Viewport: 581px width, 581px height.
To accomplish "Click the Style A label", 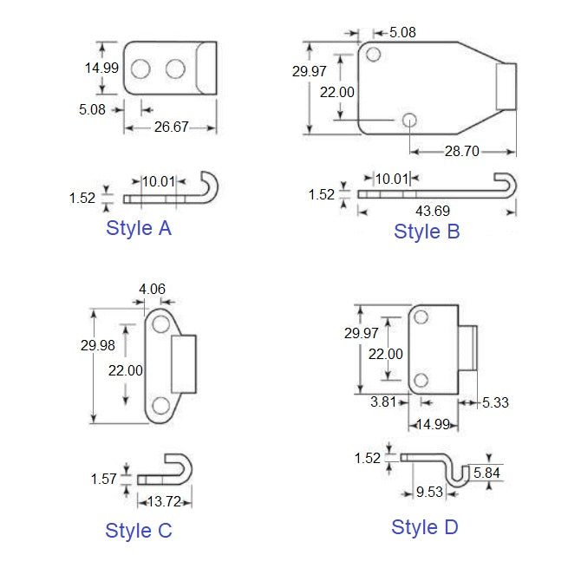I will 139,228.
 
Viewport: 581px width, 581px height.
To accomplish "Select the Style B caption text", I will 427,231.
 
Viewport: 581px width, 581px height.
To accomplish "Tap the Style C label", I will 139,530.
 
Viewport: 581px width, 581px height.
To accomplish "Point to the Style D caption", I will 424,526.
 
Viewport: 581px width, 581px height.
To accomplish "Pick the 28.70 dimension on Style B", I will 461,150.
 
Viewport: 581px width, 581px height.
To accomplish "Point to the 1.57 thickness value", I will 105,478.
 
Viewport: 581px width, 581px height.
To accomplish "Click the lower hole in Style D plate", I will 421,380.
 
